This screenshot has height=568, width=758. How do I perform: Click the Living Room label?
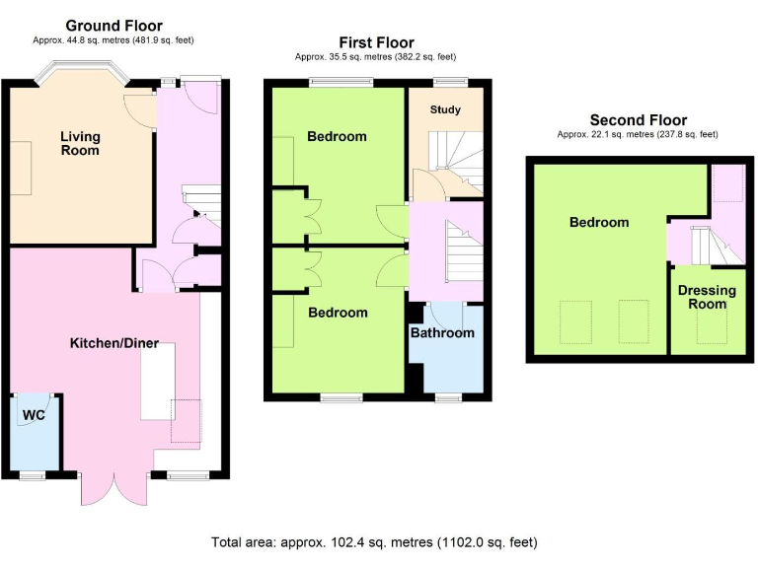[x=80, y=143]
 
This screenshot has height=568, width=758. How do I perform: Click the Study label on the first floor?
[x=444, y=109]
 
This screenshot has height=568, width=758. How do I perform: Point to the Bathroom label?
[x=442, y=332]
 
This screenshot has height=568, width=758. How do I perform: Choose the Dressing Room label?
[x=707, y=297]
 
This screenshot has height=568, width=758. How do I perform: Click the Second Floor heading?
[x=638, y=120]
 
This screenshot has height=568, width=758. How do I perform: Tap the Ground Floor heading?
[x=114, y=26]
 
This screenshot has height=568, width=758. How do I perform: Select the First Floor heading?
[x=375, y=42]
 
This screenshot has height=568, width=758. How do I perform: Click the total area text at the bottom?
[x=374, y=542]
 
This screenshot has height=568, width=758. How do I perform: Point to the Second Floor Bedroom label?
[x=598, y=222]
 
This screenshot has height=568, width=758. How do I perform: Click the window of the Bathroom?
[x=449, y=397]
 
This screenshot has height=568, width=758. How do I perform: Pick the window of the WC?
[x=32, y=475]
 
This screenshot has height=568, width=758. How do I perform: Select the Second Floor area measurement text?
[x=638, y=134]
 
